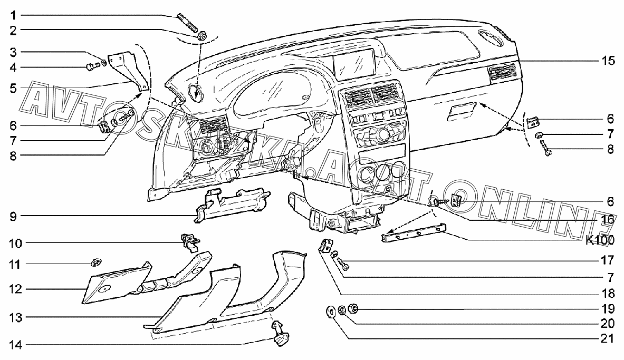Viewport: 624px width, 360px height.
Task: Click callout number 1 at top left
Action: [14, 14]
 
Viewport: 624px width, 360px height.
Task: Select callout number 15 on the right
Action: [608, 61]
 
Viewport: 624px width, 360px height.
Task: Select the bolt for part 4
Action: [90, 67]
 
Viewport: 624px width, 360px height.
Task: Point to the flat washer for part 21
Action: [331, 312]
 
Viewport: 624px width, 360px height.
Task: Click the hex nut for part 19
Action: [354, 308]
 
